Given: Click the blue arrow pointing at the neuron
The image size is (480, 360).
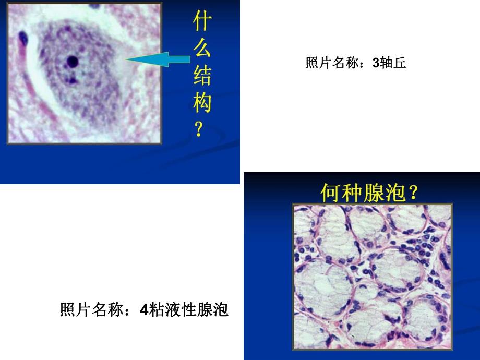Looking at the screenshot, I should pyautogui.click(x=157, y=61).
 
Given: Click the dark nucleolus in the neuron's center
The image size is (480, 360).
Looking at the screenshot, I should pyautogui.click(x=73, y=62).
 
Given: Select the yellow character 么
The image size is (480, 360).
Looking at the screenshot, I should pyautogui.click(x=201, y=51).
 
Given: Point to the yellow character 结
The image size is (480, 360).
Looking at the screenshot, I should pyautogui.click(x=201, y=77).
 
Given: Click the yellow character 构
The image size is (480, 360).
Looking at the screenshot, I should pyautogui.click(x=201, y=103).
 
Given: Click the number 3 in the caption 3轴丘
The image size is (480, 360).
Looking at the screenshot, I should pyautogui.click(x=376, y=64).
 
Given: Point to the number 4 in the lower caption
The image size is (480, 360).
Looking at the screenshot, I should pyautogui.click(x=145, y=311).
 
